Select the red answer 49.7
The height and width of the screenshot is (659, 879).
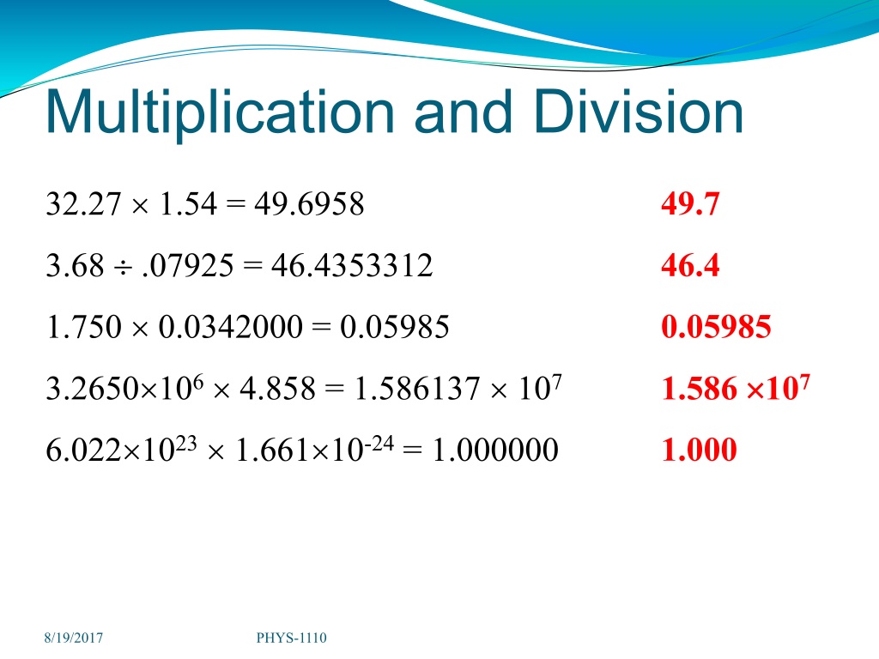pos(690,203)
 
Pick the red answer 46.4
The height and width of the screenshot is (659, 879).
pos(690,265)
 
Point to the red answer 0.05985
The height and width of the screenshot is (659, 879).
pos(716,327)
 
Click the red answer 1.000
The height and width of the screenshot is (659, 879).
pos(699,450)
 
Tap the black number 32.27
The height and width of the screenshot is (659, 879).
pos(83,203)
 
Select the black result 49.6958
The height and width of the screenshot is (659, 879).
pos(309,203)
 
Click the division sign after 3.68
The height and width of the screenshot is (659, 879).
pos(123,268)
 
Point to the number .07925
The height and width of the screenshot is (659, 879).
pos(188,265)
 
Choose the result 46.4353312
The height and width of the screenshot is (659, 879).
pos(352,265)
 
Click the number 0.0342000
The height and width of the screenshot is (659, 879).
pos(231,327)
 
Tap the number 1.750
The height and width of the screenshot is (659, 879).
pos(83,327)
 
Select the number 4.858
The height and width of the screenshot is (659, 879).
pos(277,388)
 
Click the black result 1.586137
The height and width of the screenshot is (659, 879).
pos(417,388)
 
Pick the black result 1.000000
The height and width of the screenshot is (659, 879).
pos(495,450)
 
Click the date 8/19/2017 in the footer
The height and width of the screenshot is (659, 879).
pos(74,638)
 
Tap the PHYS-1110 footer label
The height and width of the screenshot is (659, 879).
pos(292,638)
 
